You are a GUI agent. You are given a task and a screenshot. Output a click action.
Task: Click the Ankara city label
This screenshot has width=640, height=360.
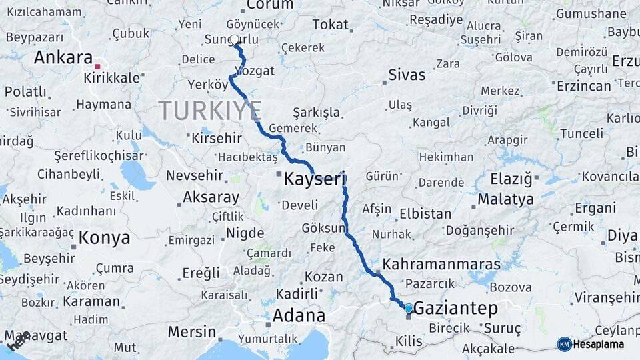63,57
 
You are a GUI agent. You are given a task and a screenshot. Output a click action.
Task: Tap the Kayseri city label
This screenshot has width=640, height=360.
315,179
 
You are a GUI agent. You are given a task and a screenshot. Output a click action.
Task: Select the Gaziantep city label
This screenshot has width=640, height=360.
456,308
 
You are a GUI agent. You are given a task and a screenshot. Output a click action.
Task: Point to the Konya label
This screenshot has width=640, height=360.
104,237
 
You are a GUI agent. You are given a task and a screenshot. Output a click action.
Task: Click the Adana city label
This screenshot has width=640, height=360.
298,315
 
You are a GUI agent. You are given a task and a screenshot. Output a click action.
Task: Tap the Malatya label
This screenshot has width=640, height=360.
505,199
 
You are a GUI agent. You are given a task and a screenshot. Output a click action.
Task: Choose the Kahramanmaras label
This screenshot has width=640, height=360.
441,263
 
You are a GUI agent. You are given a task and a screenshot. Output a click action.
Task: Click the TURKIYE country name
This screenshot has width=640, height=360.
209,109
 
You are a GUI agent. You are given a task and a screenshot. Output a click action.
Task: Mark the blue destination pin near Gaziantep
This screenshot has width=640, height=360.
409,308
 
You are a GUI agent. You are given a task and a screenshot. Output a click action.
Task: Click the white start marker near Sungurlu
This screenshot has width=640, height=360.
235,41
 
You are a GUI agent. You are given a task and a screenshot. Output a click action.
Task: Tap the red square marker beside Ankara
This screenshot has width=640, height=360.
97,67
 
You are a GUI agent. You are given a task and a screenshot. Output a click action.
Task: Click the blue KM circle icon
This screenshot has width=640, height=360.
564,344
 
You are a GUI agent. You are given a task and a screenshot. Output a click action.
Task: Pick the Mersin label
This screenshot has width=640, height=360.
191,331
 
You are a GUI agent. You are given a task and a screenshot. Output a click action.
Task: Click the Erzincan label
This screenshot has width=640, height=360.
585,85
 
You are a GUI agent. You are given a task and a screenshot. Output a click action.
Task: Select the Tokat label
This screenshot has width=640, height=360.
330,25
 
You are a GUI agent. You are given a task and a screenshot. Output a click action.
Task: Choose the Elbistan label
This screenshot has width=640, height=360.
425,214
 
